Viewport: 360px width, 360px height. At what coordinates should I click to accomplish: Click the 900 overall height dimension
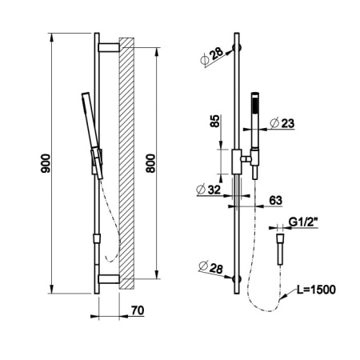[x=46, y=163]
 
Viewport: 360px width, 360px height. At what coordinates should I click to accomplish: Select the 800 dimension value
[x=150, y=163]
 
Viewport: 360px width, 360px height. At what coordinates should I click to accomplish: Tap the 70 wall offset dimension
[x=138, y=310]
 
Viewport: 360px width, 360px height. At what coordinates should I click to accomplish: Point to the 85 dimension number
[x=215, y=121]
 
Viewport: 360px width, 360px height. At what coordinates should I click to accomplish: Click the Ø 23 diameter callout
[x=282, y=123]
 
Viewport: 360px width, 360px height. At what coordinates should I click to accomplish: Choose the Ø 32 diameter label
[x=209, y=190]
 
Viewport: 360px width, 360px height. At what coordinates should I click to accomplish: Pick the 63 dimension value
[x=275, y=200]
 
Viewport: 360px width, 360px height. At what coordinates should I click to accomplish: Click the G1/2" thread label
[x=303, y=222]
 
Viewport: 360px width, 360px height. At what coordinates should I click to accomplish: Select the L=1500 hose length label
[x=316, y=290]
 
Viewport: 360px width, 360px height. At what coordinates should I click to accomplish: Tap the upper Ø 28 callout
[x=211, y=56]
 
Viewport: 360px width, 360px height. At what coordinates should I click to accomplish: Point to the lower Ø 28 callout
[x=210, y=267]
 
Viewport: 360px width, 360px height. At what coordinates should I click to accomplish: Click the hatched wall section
[x=126, y=163]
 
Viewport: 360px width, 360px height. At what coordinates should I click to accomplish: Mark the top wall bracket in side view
[x=109, y=47]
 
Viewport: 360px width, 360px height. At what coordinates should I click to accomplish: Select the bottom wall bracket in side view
[x=109, y=278]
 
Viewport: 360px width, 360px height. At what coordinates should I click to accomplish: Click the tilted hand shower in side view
[x=92, y=135]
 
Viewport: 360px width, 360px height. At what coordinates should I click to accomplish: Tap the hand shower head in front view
[x=255, y=120]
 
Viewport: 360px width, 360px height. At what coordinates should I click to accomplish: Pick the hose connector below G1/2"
[x=280, y=250]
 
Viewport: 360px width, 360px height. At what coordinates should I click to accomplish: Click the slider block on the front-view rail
[x=237, y=162]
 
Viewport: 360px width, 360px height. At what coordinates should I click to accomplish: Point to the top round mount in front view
[x=237, y=48]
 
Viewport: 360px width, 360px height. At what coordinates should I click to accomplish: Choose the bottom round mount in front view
[x=237, y=279]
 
